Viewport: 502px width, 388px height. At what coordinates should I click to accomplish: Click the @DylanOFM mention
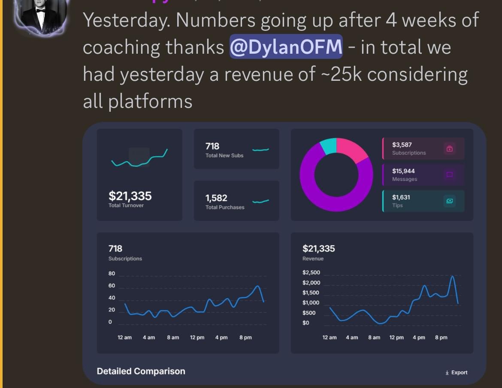286,46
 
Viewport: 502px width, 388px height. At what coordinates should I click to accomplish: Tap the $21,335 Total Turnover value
130,196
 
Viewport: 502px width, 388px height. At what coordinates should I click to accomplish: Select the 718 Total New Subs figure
212,147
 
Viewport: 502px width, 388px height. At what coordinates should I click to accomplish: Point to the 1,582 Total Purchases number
216,198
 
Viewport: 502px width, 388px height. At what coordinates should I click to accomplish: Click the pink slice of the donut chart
351,150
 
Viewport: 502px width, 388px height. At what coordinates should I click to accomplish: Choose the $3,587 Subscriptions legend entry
423,148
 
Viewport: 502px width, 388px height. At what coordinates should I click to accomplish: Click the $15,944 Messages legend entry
423,174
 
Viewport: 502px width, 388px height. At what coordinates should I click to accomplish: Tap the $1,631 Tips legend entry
423,201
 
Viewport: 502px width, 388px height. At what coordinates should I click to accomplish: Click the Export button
457,373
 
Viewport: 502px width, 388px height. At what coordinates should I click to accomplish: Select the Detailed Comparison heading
141,371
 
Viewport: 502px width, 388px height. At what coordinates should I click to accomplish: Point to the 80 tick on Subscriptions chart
112,274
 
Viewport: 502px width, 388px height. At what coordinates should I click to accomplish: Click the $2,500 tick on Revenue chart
311,273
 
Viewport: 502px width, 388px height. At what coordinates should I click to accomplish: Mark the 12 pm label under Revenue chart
396,337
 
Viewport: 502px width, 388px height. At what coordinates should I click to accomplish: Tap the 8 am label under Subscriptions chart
173,337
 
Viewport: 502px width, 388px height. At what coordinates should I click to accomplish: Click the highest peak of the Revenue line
452,276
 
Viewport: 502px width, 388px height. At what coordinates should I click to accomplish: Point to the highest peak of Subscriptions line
257,286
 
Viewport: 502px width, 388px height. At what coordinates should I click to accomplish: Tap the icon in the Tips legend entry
450,201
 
